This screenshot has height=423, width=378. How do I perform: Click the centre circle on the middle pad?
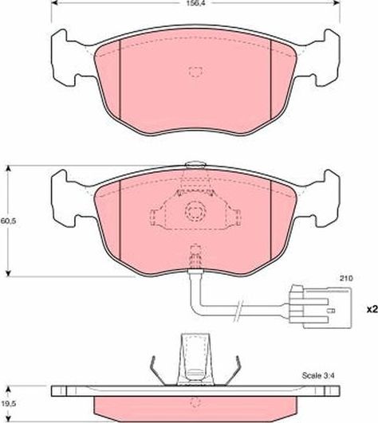click(x=193, y=211)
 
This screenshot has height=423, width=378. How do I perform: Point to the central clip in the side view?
click(x=192, y=358)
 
